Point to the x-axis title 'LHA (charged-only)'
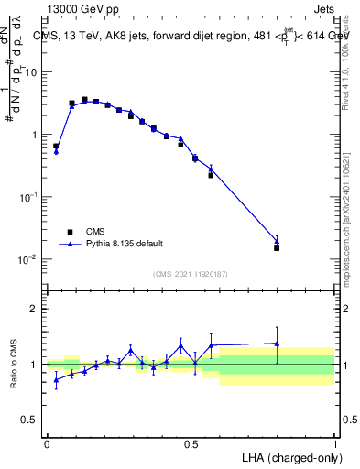287,456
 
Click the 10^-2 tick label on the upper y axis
29,259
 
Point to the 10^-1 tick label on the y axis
29,197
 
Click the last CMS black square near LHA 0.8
277,247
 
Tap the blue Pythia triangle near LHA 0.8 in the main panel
277,241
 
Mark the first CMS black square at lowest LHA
56,146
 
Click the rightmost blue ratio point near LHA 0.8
277,344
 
